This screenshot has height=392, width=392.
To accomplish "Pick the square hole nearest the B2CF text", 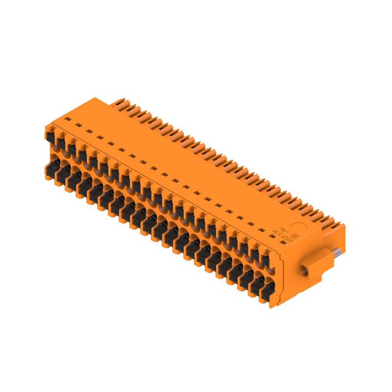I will click(x=263, y=229).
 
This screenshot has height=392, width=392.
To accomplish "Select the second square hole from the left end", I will click(x=76, y=124).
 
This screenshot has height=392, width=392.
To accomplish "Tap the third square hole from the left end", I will click(x=88, y=131).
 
